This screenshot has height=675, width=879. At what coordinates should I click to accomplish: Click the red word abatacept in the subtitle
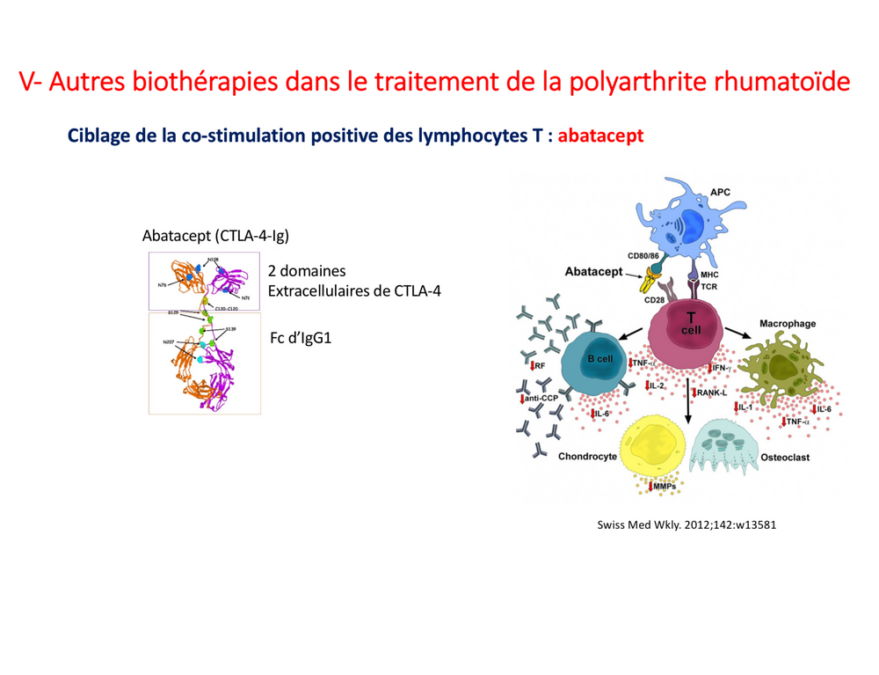[x=600, y=136]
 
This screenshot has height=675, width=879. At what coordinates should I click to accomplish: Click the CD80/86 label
[x=643, y=256]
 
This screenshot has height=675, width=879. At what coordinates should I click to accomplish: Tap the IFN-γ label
[x=719, y=367]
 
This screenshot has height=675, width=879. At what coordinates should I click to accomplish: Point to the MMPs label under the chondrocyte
[x=664, y=487]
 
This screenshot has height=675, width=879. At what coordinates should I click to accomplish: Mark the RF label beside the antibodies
[x=539, y=364]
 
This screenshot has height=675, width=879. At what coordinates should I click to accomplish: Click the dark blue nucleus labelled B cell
[x=599, y=358]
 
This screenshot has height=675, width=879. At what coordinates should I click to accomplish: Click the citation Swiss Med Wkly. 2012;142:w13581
[x=686, y=526]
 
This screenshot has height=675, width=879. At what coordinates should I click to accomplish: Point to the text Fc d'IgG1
[x=300, y=339]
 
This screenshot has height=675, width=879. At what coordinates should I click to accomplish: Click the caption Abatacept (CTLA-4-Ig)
[x=215, y=236]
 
